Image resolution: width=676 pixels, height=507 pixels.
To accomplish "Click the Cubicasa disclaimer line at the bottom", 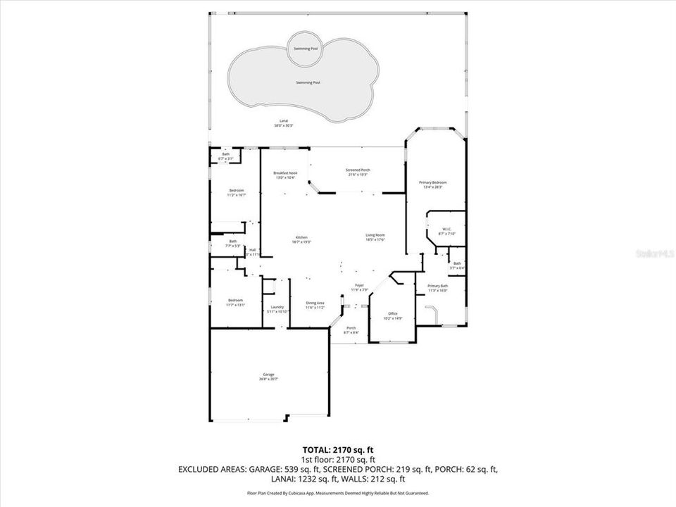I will [337, 494].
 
